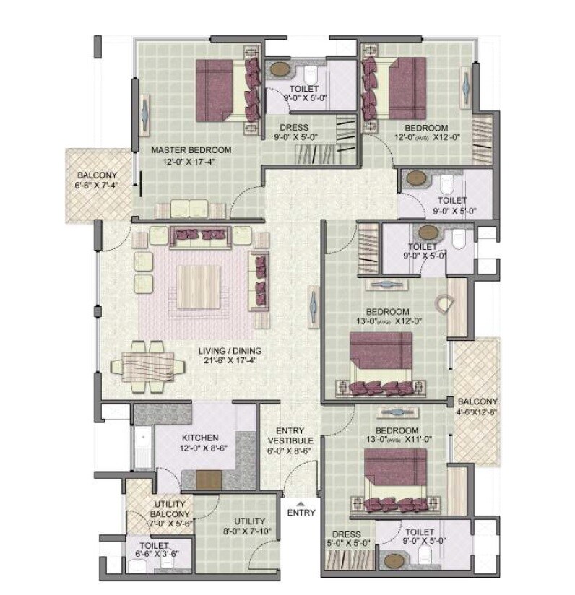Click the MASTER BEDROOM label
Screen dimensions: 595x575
191,150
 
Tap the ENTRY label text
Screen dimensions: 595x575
301,513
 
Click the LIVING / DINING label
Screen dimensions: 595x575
230,352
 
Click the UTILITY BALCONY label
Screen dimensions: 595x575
170,509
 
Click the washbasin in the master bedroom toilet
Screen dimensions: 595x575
279,71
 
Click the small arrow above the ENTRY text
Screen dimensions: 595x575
301,503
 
